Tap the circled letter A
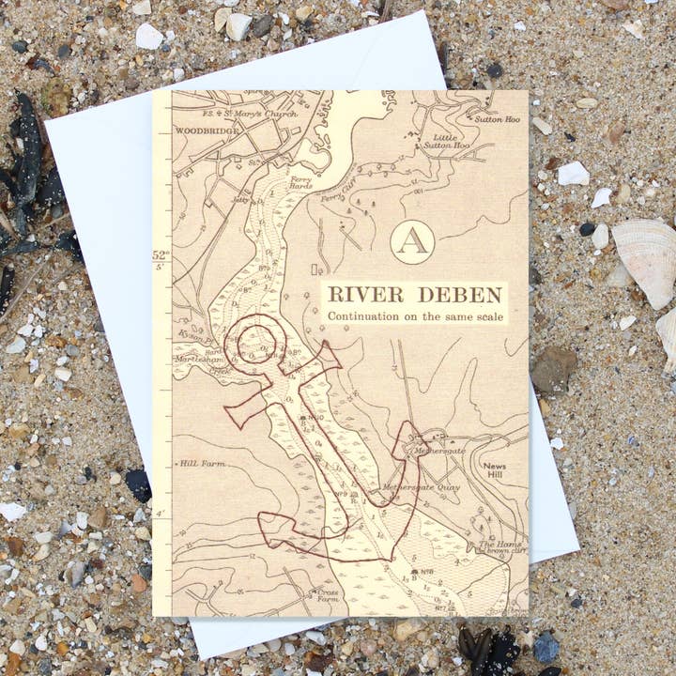[x=412, y=241]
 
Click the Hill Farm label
[x=200, y=463]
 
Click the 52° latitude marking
[x=160, y=255]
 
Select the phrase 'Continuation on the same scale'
[x=415, y=316]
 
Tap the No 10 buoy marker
[x=307, y=416]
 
